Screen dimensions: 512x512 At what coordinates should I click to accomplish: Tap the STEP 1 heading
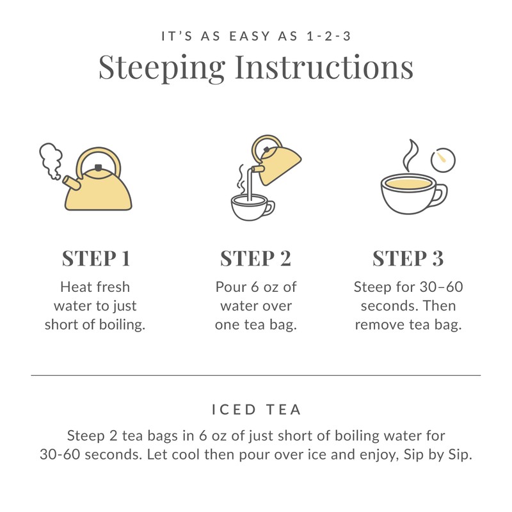pyautogui.click(x=95, y=258)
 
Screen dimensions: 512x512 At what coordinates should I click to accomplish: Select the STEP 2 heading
pyautogui.click(x=255, y=258)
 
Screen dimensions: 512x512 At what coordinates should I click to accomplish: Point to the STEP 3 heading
pyautogui.click(x=408, y=258)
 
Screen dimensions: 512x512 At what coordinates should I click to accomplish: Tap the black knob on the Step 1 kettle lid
pyautogui.click(x=98, y=168)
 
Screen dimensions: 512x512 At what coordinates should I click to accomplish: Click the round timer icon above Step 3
pyautogui.click(x=443, y=161)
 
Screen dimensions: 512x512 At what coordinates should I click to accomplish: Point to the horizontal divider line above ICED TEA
pyautogui.click(x=255, y=375)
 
